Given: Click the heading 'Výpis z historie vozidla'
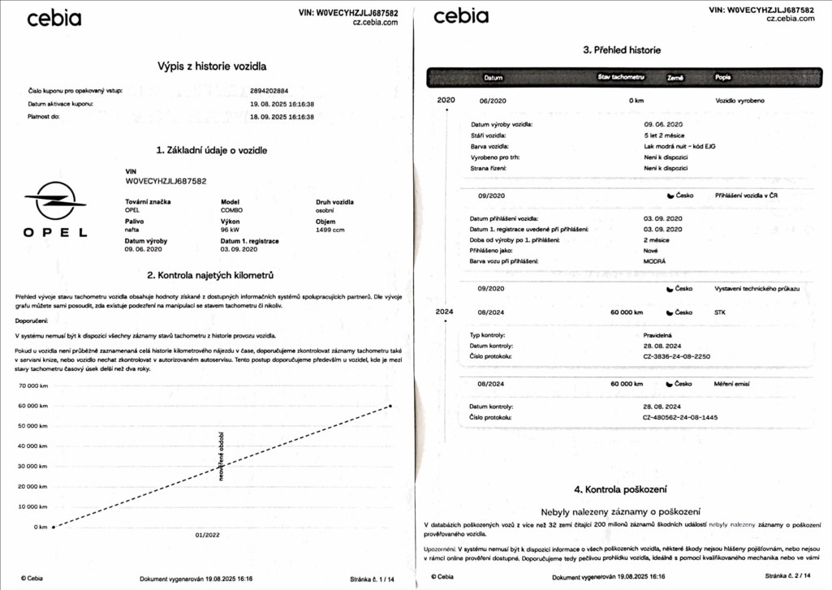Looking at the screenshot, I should (211, 67).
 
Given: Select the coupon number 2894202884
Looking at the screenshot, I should (275, 91).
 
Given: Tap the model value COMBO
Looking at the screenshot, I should (231, 210).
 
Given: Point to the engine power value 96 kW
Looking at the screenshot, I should (231, 230).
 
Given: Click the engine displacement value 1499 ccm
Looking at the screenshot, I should (330, 230).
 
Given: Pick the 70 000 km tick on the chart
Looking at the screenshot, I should (34, 385).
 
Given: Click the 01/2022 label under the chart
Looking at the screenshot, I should (208, 536).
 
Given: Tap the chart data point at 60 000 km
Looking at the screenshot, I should (390, 406).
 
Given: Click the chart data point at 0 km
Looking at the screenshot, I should (54, 527).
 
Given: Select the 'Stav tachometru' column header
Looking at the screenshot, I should (621, 77).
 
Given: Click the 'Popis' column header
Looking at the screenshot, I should (722, 78).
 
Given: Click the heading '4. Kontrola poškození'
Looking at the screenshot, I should (620, 489).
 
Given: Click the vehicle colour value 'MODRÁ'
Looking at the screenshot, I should (654, 262).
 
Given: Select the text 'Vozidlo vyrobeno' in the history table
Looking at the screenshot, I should (739, 101).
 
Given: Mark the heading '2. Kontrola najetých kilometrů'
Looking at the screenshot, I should (211, 277).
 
